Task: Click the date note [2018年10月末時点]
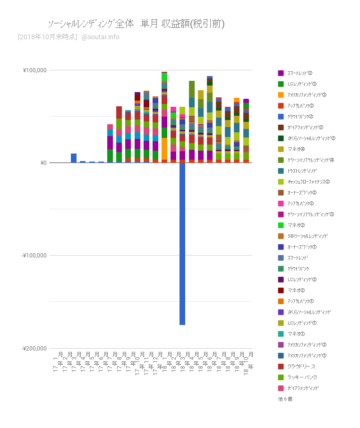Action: (x=47, y=37)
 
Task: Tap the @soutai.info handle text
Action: (x=101, y=37)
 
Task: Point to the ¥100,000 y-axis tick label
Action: (x=34, y=70)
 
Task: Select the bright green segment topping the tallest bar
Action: (x=164, y=77)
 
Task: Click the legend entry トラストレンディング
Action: (x=302, y=171)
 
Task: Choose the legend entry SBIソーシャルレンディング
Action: (x=307, y=236)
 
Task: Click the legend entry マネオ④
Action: (x=296, y=149)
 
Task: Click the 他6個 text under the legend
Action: (x=285, y=399)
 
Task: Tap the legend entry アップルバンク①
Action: (x=300, y=301)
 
